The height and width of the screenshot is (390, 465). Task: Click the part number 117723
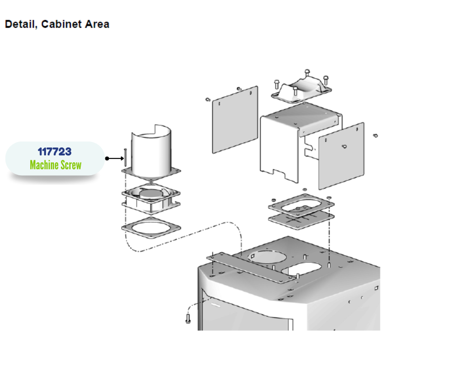click(x=54, y=152)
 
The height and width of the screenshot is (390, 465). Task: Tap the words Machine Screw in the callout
click(x=55, y=165)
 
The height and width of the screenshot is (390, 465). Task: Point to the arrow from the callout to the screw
click(x=116, y=158)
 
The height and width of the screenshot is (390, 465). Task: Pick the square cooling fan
click(x=151, y=196)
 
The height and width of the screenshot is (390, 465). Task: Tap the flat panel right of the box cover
click(x=341, y=155)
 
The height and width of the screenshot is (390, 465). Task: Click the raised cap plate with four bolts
click(x=300, y=89)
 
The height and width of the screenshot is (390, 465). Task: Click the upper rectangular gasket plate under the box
click(x=301, y=205)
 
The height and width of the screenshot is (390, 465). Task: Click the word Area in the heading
click(x=97, y=24)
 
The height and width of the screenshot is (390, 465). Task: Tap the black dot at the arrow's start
click(x=106, y=158)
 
